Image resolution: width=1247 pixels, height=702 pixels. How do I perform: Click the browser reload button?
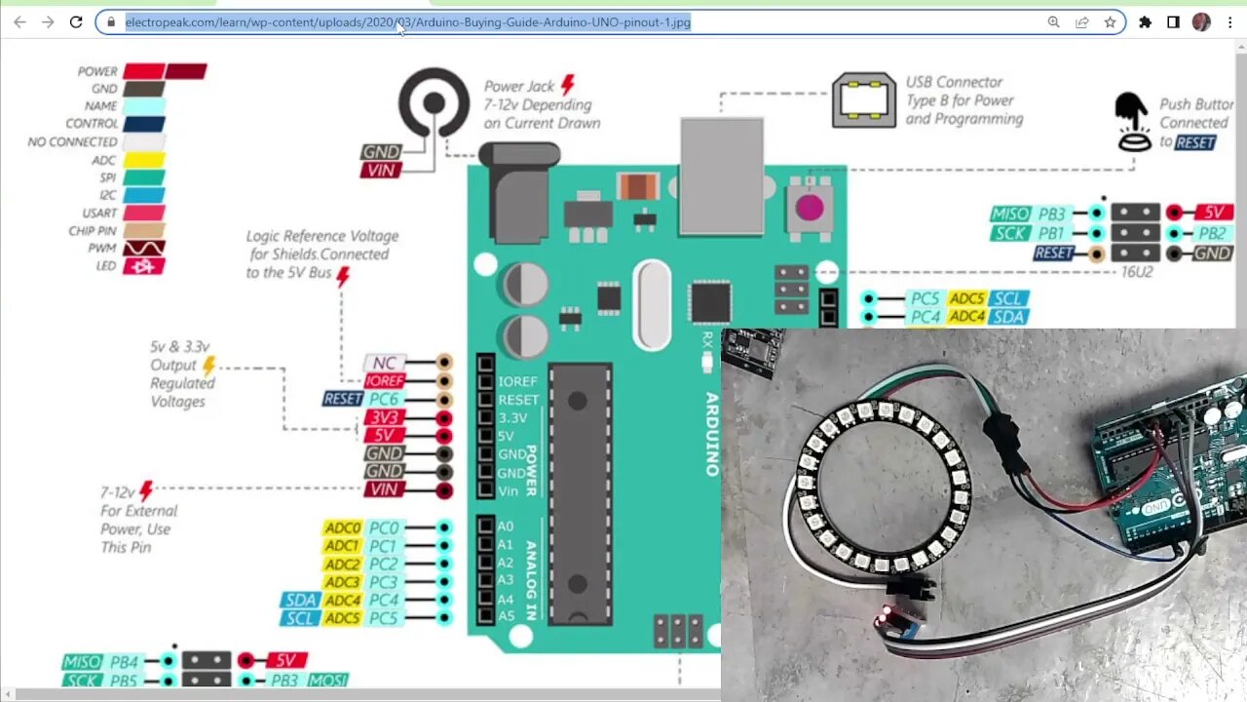point(76,21)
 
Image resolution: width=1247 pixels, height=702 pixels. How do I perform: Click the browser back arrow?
point(19,21)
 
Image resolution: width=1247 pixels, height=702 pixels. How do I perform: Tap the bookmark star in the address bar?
point(1110,21)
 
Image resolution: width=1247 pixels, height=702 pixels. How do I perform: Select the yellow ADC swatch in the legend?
point(143,160)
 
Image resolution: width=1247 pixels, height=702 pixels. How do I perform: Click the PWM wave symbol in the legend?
point(143,248)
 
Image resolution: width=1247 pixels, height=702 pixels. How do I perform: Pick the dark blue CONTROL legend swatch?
point(143,124)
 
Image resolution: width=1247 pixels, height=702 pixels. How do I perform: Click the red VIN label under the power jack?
point(380,171)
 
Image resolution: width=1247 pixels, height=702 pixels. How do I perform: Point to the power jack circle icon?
point(434,102)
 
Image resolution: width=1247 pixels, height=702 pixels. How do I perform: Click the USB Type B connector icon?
point(863,99)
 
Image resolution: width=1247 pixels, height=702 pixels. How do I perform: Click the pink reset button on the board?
point(809,207)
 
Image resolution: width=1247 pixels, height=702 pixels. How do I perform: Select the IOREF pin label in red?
point(385,381)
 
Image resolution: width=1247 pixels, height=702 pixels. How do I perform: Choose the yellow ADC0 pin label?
point(343,528)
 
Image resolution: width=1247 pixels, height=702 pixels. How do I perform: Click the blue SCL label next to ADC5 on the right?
point(1008,298)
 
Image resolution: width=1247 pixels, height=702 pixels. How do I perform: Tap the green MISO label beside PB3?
point(1010,214)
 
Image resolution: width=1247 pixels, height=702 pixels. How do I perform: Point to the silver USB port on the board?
point(721,175)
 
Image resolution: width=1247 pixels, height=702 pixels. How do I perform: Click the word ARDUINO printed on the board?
point(712,434)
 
